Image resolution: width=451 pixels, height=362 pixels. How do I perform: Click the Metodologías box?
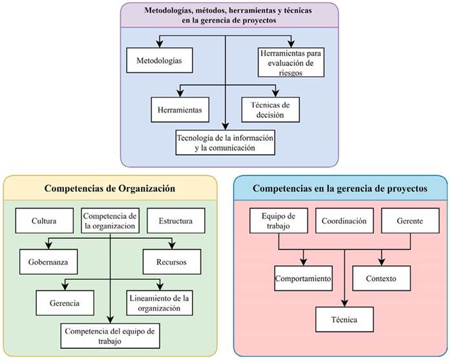click(x=160, y=61)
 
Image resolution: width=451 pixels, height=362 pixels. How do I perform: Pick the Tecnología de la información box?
click(x=226, y=142)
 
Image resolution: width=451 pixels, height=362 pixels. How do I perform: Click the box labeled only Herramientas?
click(x=179, y=110)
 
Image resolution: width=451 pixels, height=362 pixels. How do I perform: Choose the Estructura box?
click(x=176, y=220)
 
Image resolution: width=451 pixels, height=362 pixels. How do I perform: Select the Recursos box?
click(x=170, y=262)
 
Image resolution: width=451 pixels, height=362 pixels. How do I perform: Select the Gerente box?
click(x=410, y=220)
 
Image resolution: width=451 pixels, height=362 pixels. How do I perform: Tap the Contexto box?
click(x=384, y=279)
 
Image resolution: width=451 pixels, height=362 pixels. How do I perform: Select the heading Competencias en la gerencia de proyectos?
click(x=340, y=189)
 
